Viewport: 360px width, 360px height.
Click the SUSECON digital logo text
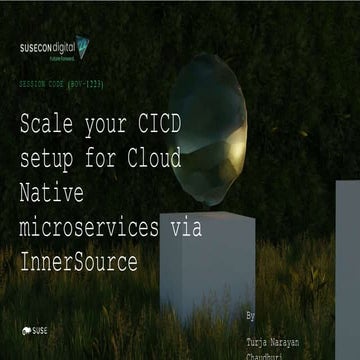click(47, 47)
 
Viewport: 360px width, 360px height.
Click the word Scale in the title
click(50, 126)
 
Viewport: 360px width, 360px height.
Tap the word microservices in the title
click(88, 227)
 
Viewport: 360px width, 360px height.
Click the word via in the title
click(186, 227)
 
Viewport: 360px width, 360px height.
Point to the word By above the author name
click(251, 315)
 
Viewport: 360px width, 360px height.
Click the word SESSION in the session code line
click(37, 85)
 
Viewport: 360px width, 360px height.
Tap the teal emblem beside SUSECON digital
click(82, 46)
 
